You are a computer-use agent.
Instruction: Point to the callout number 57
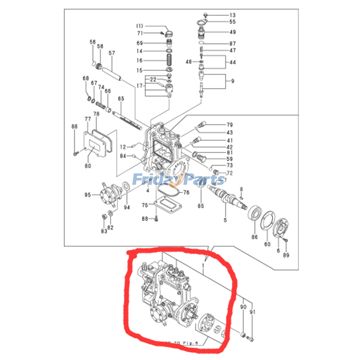pyautogui.click(x=112, y=53)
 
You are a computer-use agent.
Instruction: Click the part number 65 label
pyautogui.click(x=121, y=99)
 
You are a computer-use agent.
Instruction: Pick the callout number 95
pyautogui.click(x=88, y=195)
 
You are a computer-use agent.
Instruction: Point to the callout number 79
pyautogui.click(x=229, y=125)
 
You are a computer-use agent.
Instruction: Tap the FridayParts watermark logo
pyautogui.click(x=178, y=180)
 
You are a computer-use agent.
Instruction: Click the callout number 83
pyautogui.click(x=104, y=231)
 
